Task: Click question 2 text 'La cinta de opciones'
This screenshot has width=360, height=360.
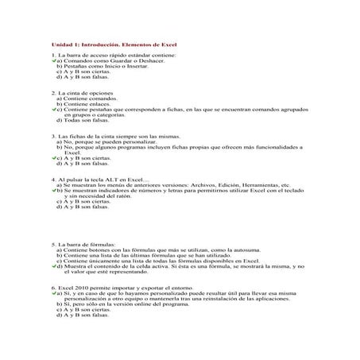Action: pyautogui.click(x=88, y=93)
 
